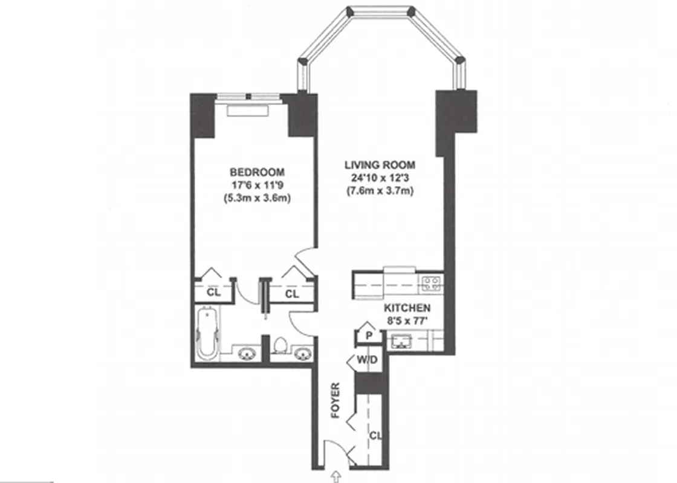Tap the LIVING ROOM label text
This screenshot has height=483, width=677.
click(x=380, y=164)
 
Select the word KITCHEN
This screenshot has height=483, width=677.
click(x=408, y=307)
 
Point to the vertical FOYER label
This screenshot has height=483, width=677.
click(x=336, y=401)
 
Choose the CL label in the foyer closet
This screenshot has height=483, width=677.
click(x=375, y=435)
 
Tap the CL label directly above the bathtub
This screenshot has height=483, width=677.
click(x=213, y=293)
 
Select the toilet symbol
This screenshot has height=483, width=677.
click(x=280, y=346)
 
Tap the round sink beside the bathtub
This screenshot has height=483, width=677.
click(x=247, y=353)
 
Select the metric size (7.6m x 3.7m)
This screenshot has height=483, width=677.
click(x=380, y=191)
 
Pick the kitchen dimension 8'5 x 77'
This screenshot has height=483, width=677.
click(x=408, y=321)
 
